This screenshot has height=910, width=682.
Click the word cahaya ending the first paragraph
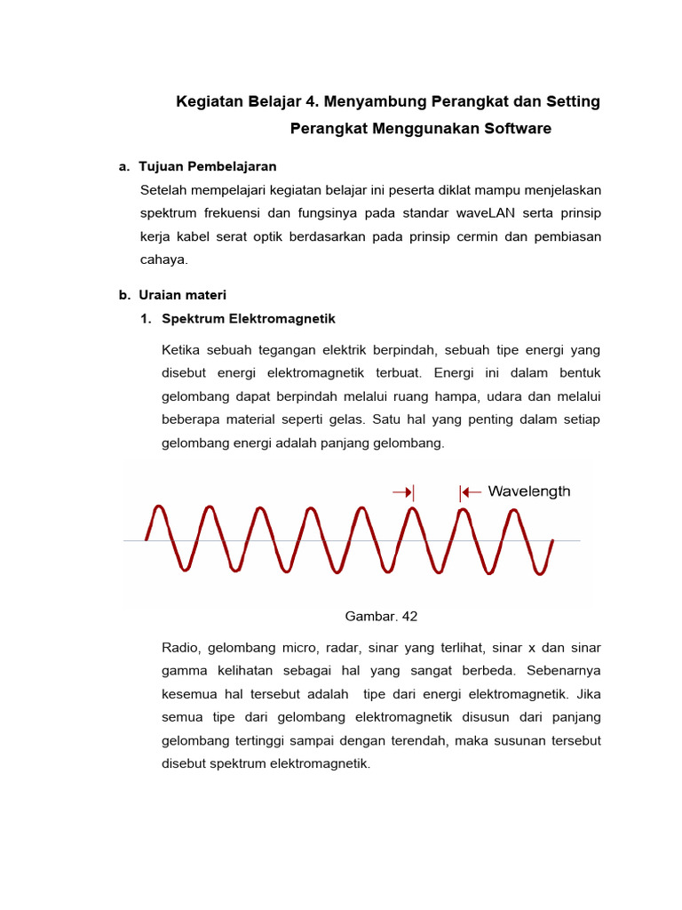(164, 259)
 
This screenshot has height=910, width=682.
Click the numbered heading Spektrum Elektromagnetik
(249, 318)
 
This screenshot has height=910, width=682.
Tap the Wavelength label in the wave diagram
(529, 491)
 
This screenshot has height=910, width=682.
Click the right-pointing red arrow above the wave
(402, 491)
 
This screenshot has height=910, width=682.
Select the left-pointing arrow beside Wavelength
(470, 491)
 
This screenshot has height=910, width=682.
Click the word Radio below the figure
(180, 647)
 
